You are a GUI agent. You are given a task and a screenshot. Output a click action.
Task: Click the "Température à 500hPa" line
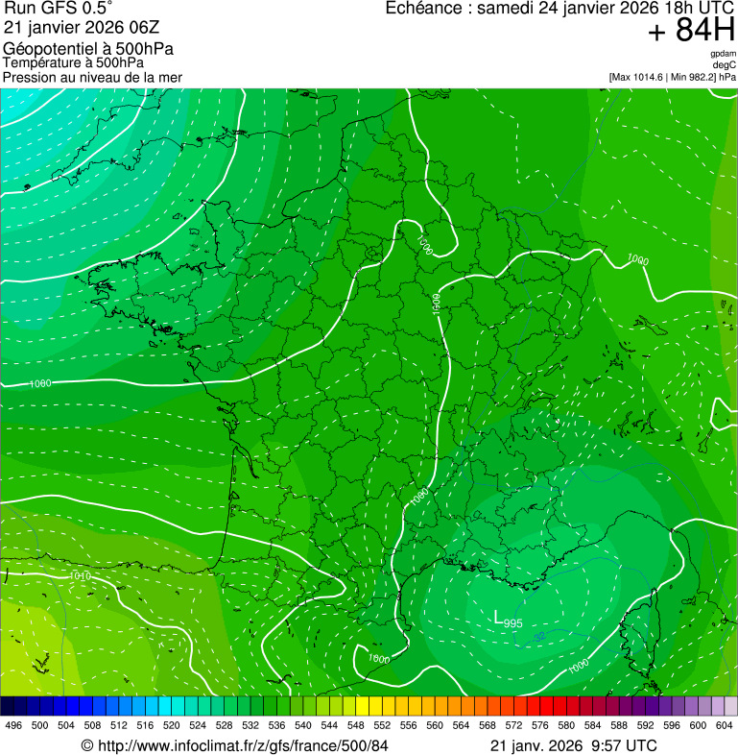click(x=73, y=62)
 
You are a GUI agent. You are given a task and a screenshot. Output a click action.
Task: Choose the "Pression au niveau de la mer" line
click(x=92, y=77)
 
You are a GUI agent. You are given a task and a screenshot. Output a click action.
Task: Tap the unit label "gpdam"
click(x=724, y=54)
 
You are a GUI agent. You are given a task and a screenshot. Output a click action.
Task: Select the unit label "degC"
click(x=726, y=65)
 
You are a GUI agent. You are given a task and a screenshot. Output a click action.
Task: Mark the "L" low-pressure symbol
click(x=497, y=617)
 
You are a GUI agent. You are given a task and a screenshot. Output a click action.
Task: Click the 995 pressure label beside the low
click(x=513, y=624)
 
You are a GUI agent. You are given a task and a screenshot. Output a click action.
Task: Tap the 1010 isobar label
click(x=82, y=576)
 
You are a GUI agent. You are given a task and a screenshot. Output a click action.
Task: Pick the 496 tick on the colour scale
click(x=13, y=726)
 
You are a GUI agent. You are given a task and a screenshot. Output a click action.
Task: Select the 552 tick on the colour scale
click(x=382, y=726)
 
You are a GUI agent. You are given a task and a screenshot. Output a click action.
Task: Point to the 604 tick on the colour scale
click(x=725, y=726)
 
